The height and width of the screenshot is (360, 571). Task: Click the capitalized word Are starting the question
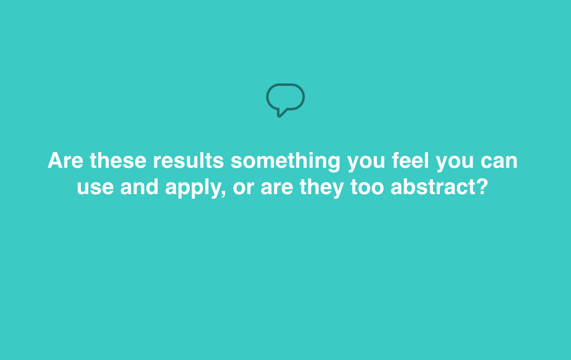pyautogui.click(x=66, y=160)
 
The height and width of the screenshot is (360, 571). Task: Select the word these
pyautogui.click(x=118, y=160)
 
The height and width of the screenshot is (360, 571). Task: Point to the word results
pyautogui.click(x=188, y=160)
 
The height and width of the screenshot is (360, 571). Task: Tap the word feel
pyautogui.click(x=411, y=160)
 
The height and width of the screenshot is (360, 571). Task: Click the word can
pyautogui.click(x=499, y=162)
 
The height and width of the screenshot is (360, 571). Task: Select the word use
pyautogui.click(x=95, y=188)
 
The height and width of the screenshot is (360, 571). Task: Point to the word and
pyautogui.click(x=140, y=187)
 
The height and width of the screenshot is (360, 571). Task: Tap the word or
pyautogui.click(x=243, y=188)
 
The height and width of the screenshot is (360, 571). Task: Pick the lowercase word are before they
pyautogui.click(x=277, y=188)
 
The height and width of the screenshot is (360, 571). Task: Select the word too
pyautogui.click(x=367, y=187)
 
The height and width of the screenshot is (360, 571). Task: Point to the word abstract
pyautogui.click(x=433, y=187)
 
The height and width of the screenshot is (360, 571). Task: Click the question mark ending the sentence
pyautogui.click(x=482, y=186)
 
